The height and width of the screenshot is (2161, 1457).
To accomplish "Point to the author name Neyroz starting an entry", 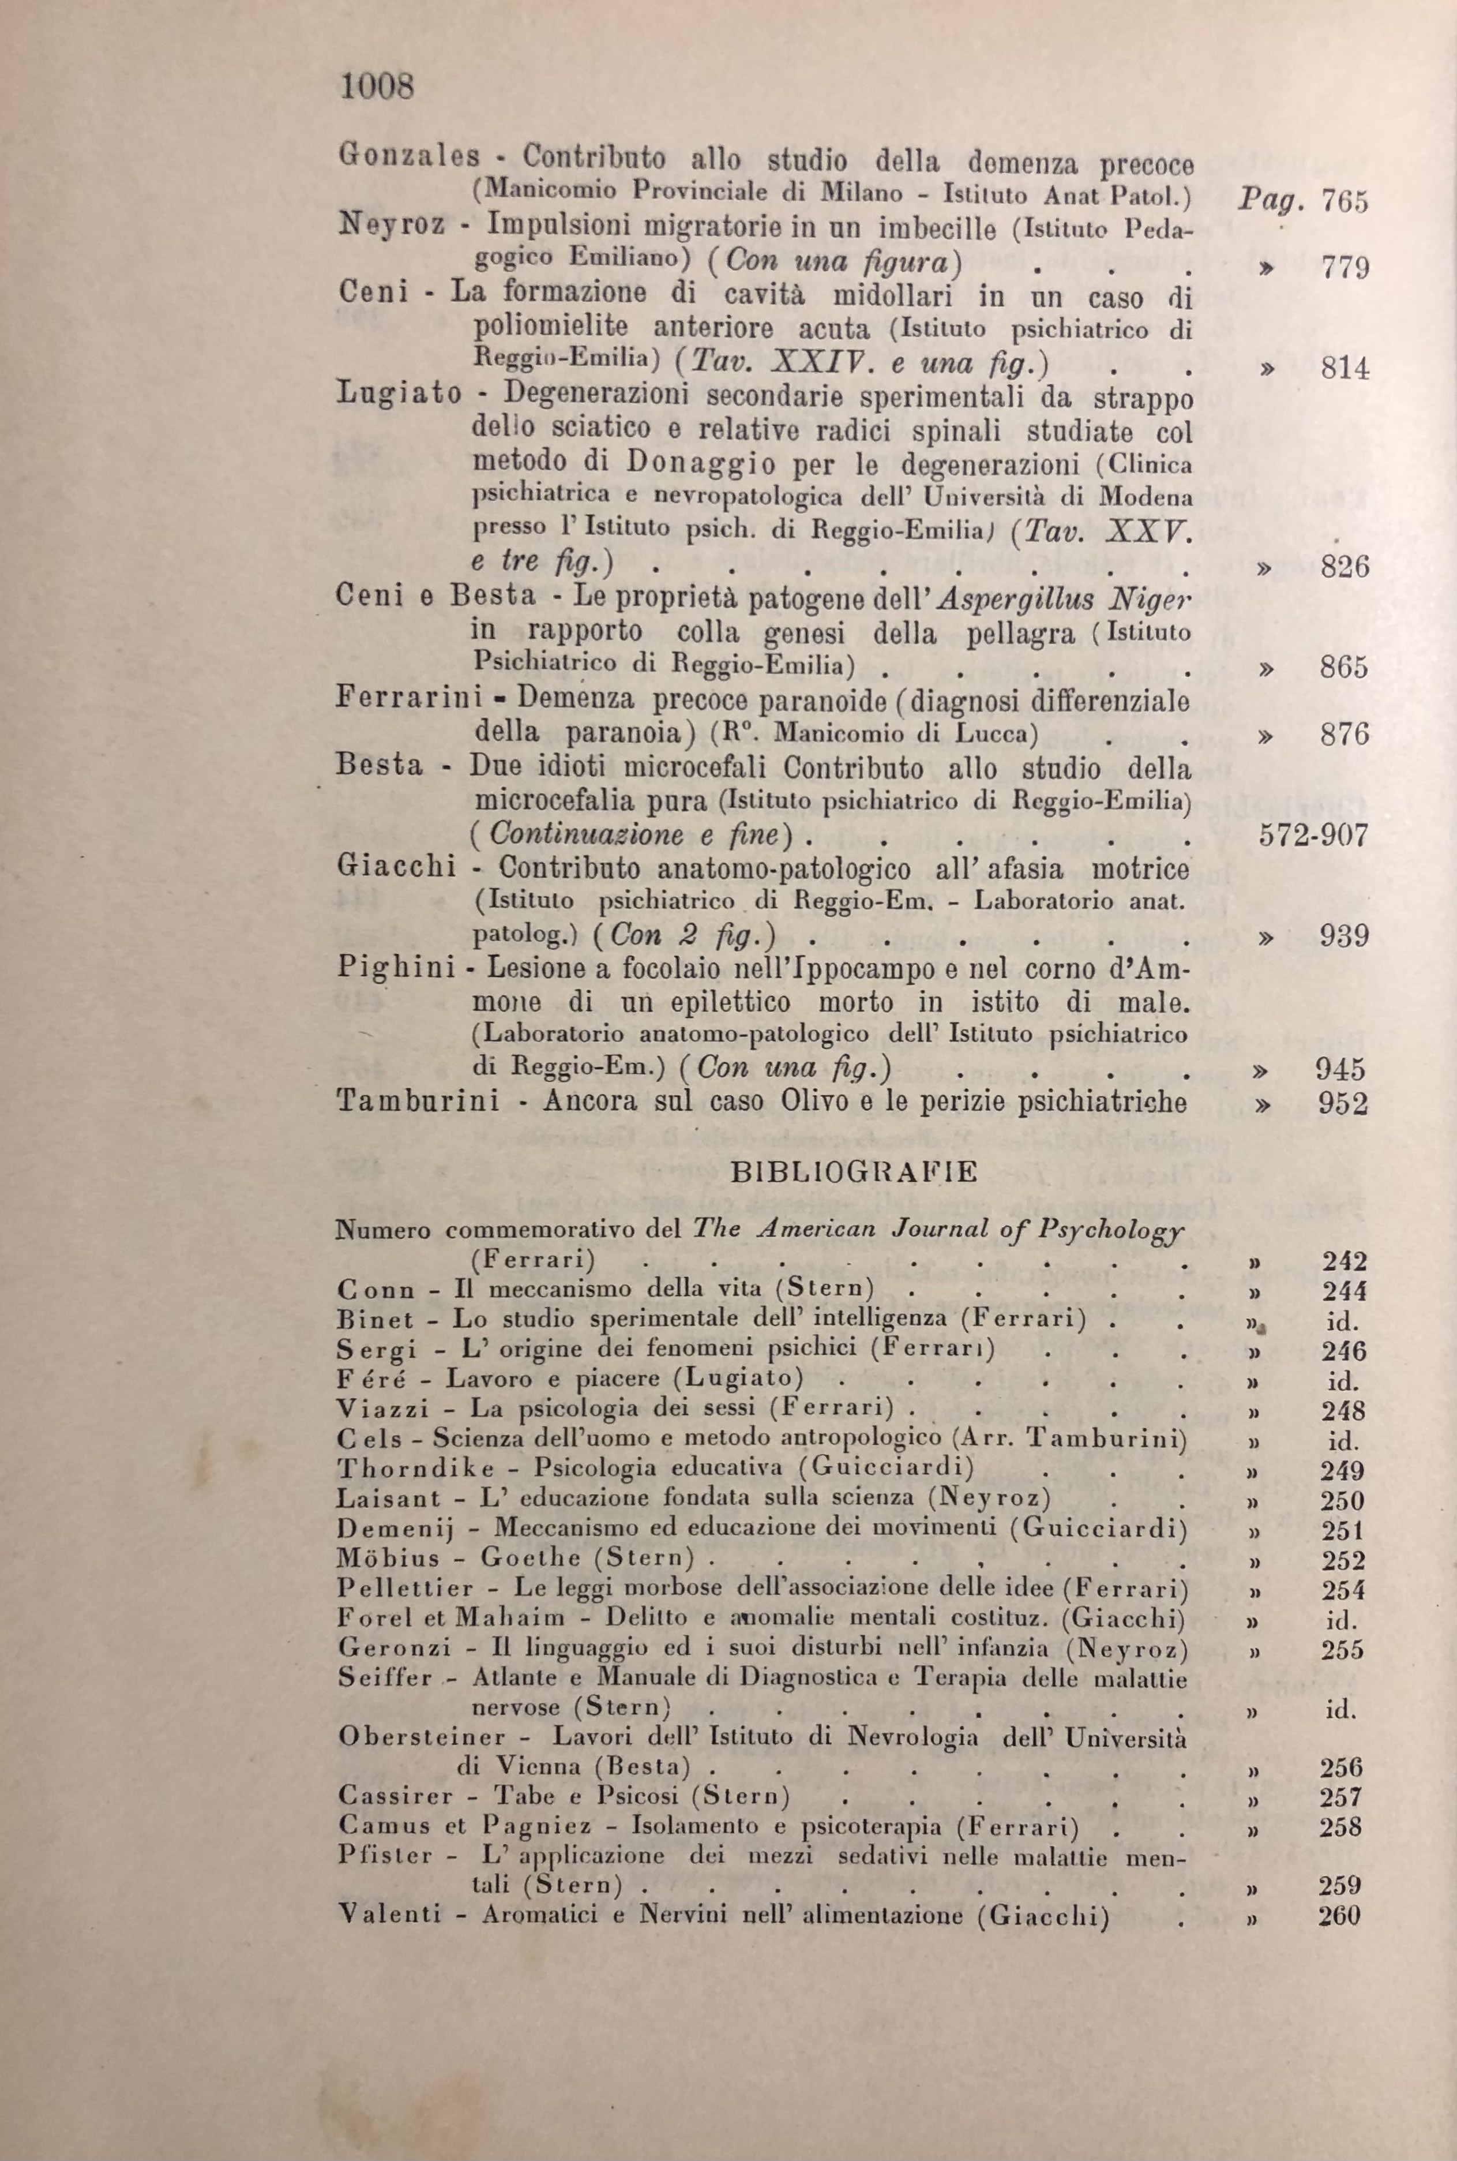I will (x=393, y=225).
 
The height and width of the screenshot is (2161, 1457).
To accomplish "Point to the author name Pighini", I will (x=395, y=968).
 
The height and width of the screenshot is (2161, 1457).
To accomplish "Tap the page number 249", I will (x=1342, y=1470).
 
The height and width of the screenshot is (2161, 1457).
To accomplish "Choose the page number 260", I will (x=1339, y=1916).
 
